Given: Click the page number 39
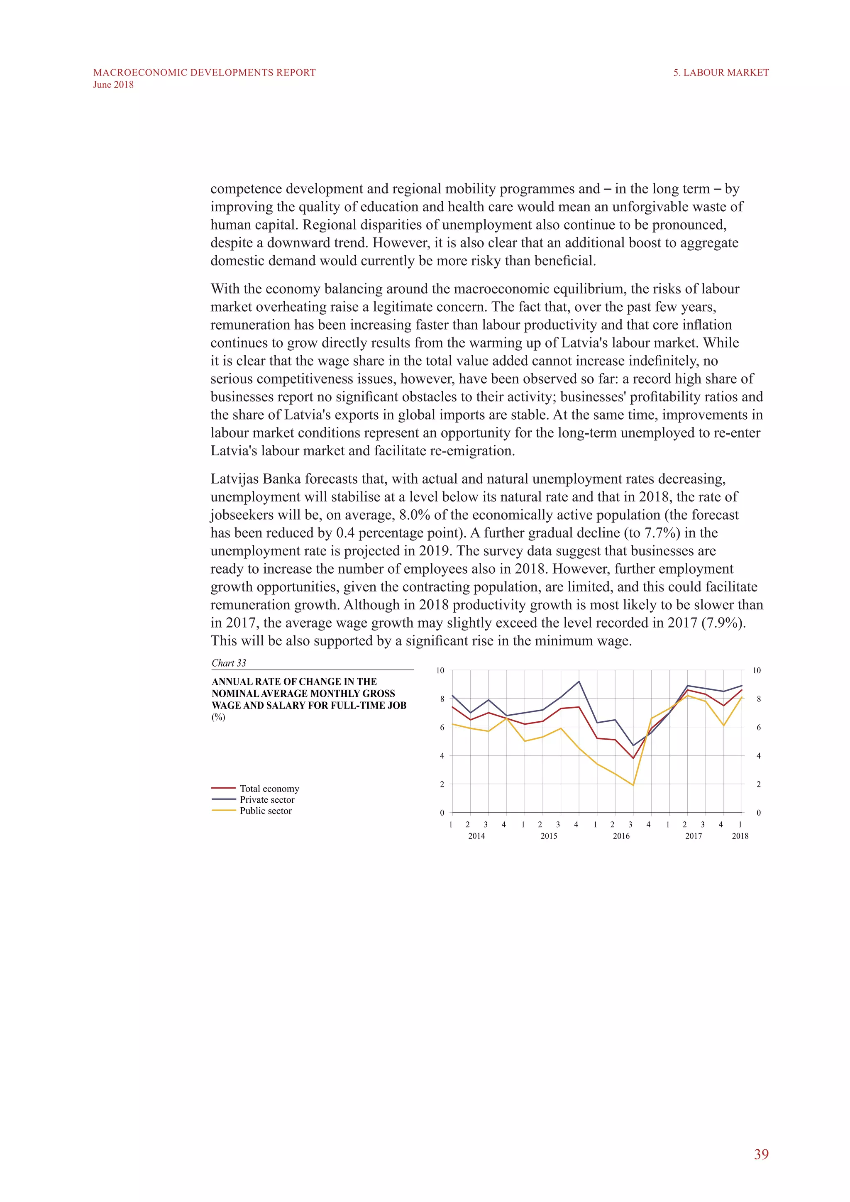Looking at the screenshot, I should tap(761, 1154).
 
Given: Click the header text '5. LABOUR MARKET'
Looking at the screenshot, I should tap(721, 73).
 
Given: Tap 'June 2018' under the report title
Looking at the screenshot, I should tap(113, 85).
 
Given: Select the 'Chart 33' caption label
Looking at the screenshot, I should tap(229, 663).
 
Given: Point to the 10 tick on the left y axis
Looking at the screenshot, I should tap(440, 671).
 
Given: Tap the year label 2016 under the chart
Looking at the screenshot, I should tap(621, 836).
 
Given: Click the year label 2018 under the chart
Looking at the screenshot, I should tap(740, 836).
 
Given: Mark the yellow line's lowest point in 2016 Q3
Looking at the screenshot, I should tap(633, 785).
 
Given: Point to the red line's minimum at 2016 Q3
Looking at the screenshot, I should tap(633, 758).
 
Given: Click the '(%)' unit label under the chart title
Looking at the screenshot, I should tap(218, 717).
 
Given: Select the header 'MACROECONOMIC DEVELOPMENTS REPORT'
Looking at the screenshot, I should tap(204, 73).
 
